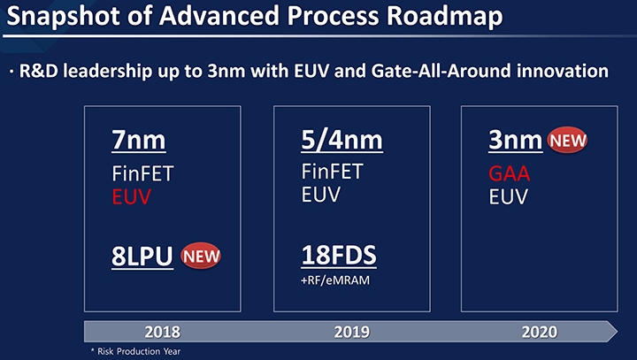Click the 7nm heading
(139, 140)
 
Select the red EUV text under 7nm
(131, 197)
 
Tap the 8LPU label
(142, 256)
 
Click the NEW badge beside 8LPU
(201, 256)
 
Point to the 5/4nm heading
(342, 140)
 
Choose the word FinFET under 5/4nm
(332, 172)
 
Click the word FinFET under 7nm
(142, 173)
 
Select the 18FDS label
(339, 255)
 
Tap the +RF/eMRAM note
(335, 280)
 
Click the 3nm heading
(515, 140)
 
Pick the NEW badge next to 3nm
(567, 140)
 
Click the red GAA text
(509, 174)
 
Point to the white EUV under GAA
(508, 197)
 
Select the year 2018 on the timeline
(163, 332)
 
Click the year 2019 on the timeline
(352, 332)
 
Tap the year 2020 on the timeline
(540, 332)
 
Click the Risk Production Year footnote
(135, 351)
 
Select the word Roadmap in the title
(444, 16)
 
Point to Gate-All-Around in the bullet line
(441, 71)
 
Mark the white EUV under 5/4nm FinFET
(320, 195)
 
